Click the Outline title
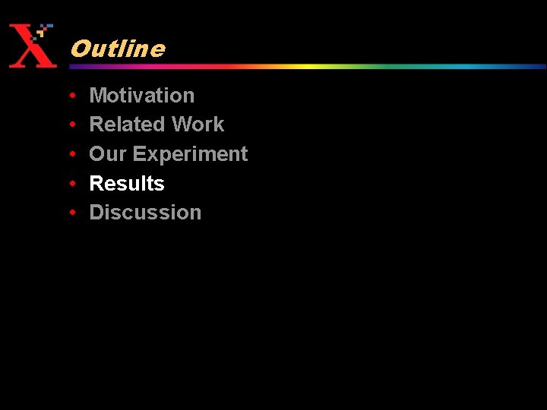[x=117, y=49]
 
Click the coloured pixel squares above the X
[x=44, y=31]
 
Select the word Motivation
[x=142, y=95]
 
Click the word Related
[x=128, y=125]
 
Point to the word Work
[x=198, y=125]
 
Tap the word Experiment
[x=190, y=154]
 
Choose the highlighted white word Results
[x=127, y=184]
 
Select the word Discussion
[x=145, y=213]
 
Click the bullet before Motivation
[x=71, y=96]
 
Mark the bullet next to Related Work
[x=71, y=125]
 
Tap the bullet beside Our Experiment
[x=71, y=155]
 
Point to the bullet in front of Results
[x=71, y=184]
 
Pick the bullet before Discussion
[x=71, y=213]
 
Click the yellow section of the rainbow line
[x=304, y=66]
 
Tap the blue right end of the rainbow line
[x=532, y=66]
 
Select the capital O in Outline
[x=78, y=49]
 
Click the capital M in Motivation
[x=98, y=95]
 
